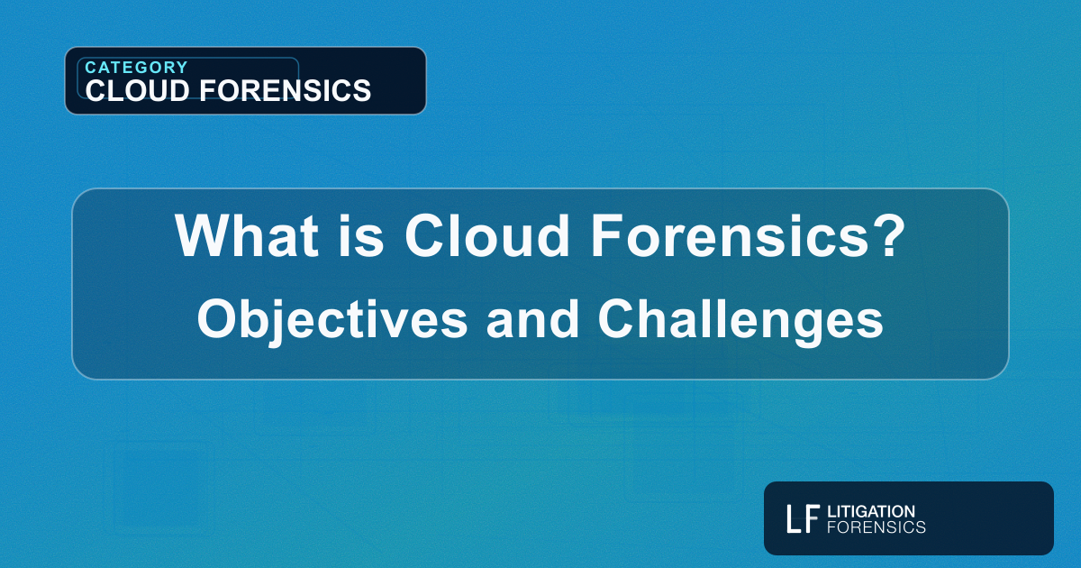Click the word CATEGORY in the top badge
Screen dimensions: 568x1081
(x=136, y=68)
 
